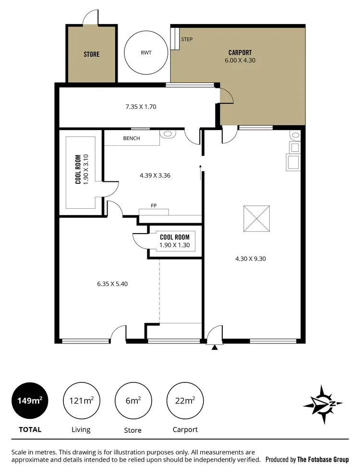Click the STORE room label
click(x=91, y=54)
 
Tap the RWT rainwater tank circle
click(x=146, y=53)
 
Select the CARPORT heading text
click(x=240, y=52)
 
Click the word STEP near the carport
click(x=187, y=39)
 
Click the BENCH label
click(x=132, y=139)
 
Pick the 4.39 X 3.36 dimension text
click(x=155, y=176)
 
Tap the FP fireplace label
click(x=154, y=206)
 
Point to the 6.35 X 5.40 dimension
click(x=112, y=284)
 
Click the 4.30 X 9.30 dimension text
click(x=251, y=259)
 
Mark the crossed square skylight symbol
click(x=257, y=219)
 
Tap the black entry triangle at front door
click(x=215, y=347)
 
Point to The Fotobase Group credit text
click(x=323, y=459)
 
